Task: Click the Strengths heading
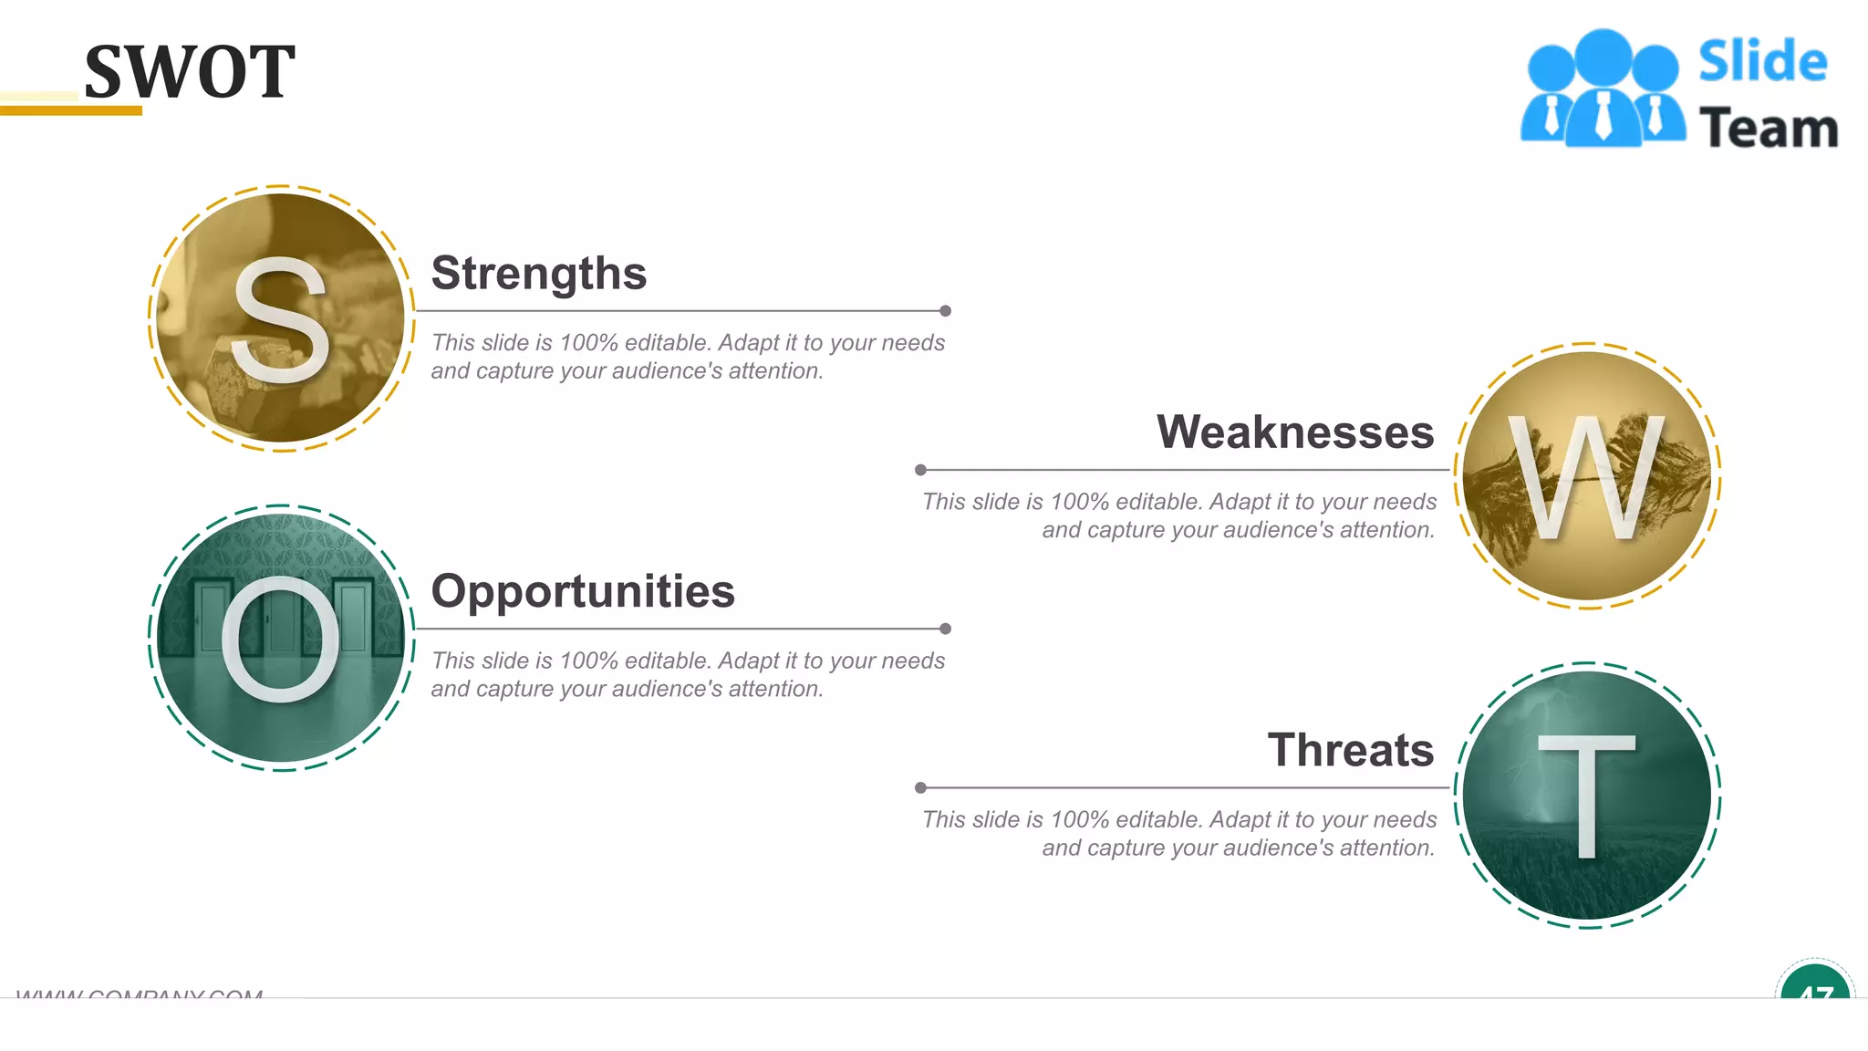pos(538,273)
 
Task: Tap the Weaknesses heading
pos(1295,432)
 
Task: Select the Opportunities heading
pos(582,590)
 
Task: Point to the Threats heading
pos(1350,750)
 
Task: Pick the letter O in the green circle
pos(280,639)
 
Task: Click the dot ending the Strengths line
pos(945,311)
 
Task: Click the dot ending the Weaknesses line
pos(920,470)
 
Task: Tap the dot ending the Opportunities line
pos(945,629)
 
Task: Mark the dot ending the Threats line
pos(920,787)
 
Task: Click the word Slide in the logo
pos(1762,62)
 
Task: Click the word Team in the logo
pos(1768,128)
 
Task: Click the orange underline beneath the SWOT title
pos(71,110)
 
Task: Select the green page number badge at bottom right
pos(1814,985)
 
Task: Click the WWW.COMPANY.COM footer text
pos(140,993)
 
